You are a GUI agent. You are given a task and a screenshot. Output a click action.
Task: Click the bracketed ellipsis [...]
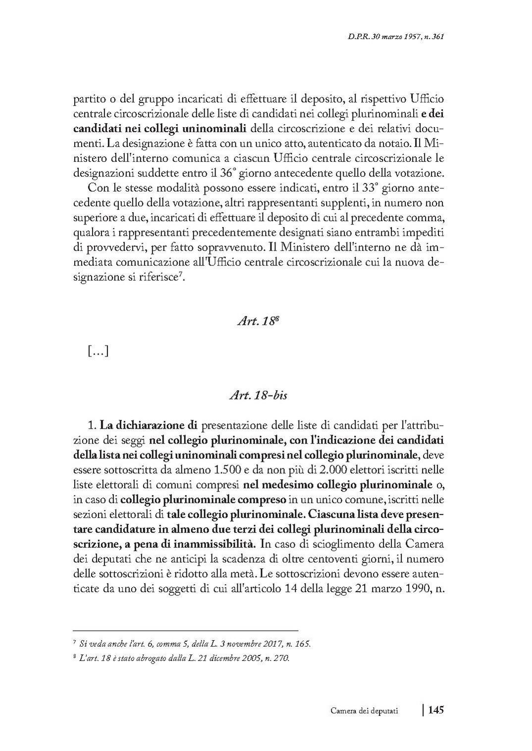98,351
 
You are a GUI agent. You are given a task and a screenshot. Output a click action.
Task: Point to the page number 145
435,710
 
